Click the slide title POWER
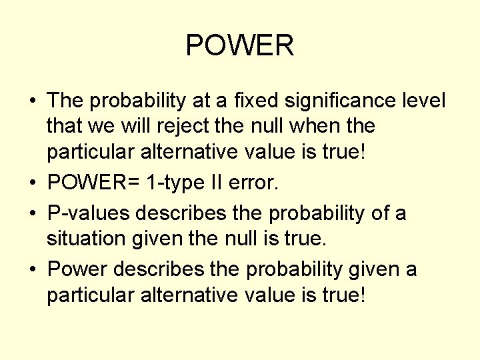(x=239, y=46)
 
